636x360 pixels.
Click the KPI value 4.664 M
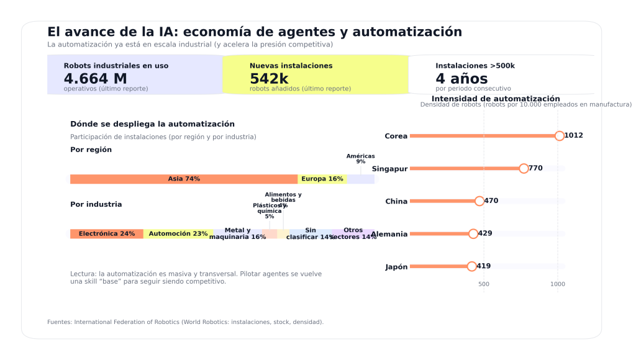pyautogui.click(x=95, y=79)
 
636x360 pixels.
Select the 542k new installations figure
pyautogui.click(x=269, y=79)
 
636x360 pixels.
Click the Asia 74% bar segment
pyautogui.click(x=184, y=179)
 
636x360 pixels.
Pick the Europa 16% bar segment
pyautogui.click(x=322, y=179)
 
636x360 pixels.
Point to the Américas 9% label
pyautogui.click(x=360, y=159)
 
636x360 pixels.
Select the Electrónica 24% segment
pyautogui.click(x=107, y=234)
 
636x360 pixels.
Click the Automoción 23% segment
pyautogui.click(x=178, y=234)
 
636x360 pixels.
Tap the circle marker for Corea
pyautogui.click(x=560, y=136)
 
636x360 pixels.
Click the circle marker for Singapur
pyautogui.click(x=524, y=169)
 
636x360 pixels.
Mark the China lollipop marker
pyautogui.click(x=479, y=201)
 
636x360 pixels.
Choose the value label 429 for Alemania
pyautogui.click(x=485, y=234)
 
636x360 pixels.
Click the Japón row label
pyautogui.click(x=396, y=267)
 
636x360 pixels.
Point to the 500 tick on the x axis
pyautogui.click(x=484, y=284)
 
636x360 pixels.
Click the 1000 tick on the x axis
pyautogui.click(x=558, y=284)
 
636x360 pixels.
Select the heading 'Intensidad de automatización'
pyautogui.click(x=496, y=99)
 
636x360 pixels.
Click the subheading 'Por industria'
pyautogui.click(x=96, y=205)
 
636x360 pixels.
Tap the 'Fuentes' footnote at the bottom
pyautogui.click(x=185, y=322)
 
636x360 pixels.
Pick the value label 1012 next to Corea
pyautogui.click(x=573, y=136)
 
